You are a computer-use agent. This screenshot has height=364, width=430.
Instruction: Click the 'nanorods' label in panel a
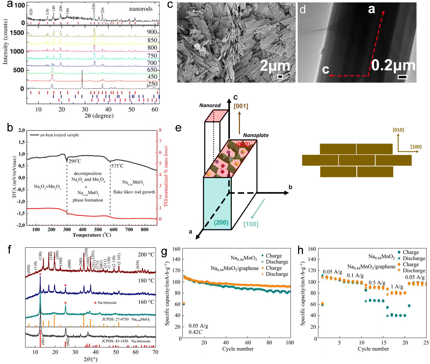click(x=141, y=9)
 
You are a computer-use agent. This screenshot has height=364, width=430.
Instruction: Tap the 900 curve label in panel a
click(x=152, y=32)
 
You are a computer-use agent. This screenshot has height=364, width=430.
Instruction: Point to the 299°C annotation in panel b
click(x=74, y=161)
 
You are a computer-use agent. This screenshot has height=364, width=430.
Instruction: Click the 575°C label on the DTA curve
click(x=117, y=166)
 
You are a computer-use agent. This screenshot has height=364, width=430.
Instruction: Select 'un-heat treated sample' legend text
click(x=59, y=135)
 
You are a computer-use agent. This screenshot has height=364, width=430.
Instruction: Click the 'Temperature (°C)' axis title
click(x=92, y=235)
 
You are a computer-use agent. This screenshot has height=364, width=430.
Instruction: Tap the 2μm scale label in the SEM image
click(x=275, y=66)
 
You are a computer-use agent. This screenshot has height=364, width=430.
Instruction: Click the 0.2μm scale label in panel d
click(x=393, y=66)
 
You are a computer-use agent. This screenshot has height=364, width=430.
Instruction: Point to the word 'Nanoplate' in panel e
click(x=256, y=135)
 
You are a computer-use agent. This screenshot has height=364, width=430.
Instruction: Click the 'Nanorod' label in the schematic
click(x=210, y=105)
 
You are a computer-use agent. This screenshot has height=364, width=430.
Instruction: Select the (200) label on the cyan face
click(x=221, y=222)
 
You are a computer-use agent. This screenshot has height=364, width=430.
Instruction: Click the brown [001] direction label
click(x=241, y=106)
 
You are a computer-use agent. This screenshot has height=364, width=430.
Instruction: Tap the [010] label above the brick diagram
click(x=398, y=130)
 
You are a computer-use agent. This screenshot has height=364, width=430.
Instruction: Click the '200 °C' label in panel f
click(x=146, y=255)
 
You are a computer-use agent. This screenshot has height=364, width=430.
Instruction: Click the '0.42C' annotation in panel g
click(x=195, y=332)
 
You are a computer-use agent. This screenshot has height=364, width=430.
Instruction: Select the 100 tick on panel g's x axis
click(x=290, y=342)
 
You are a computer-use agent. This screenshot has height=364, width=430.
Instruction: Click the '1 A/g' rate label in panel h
click(x=397, y=287)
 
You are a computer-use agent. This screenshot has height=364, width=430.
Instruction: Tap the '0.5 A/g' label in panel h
click(x=377, y=283)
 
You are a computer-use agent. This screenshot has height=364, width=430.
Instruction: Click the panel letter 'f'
click(x=10, y=250)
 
